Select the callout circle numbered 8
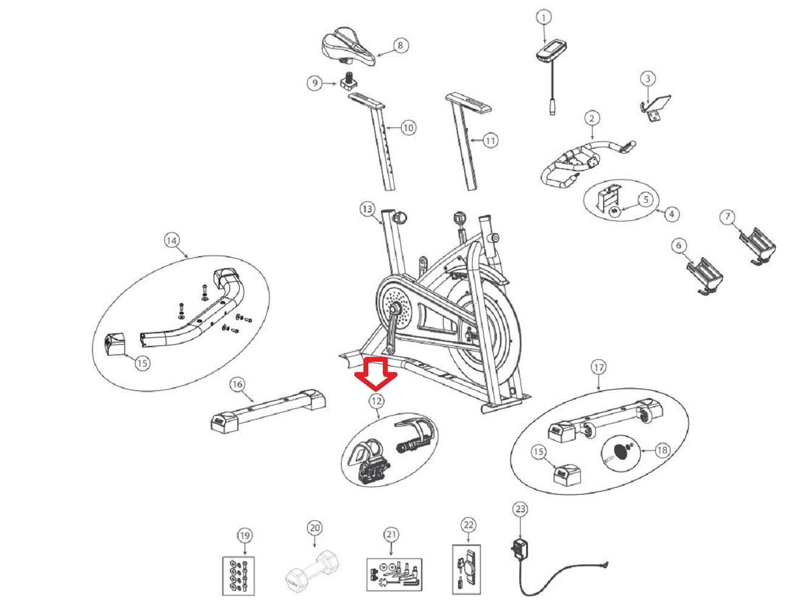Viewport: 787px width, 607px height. (400, 45)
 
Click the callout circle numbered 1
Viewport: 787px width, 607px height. (544, 18)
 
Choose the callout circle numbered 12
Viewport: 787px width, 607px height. (376, 401)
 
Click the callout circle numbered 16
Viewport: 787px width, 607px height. (237, 384)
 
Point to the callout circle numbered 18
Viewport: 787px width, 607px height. (662, 450)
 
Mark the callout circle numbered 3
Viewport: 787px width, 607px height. (648, 78)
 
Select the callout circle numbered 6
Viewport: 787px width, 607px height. (678, 245)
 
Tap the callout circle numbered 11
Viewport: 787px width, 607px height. (490, 141)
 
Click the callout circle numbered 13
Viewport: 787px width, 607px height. (366, 209)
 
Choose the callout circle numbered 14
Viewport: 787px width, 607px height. (172, 240)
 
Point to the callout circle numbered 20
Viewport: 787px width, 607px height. (314, 528)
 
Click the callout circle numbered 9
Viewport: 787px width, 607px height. (314, 83)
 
